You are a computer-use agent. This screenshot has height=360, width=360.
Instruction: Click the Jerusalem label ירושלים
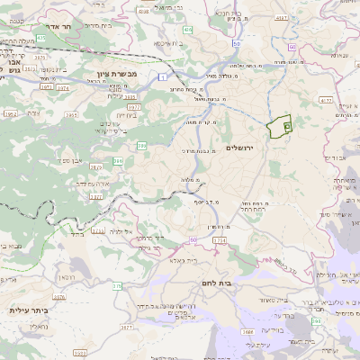pos(240,147)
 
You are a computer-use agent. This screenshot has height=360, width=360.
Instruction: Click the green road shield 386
pos(118,161)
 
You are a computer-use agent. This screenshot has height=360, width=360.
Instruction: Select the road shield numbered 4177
pos(326,101)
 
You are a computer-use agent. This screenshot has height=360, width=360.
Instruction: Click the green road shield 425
pos(40,38)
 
